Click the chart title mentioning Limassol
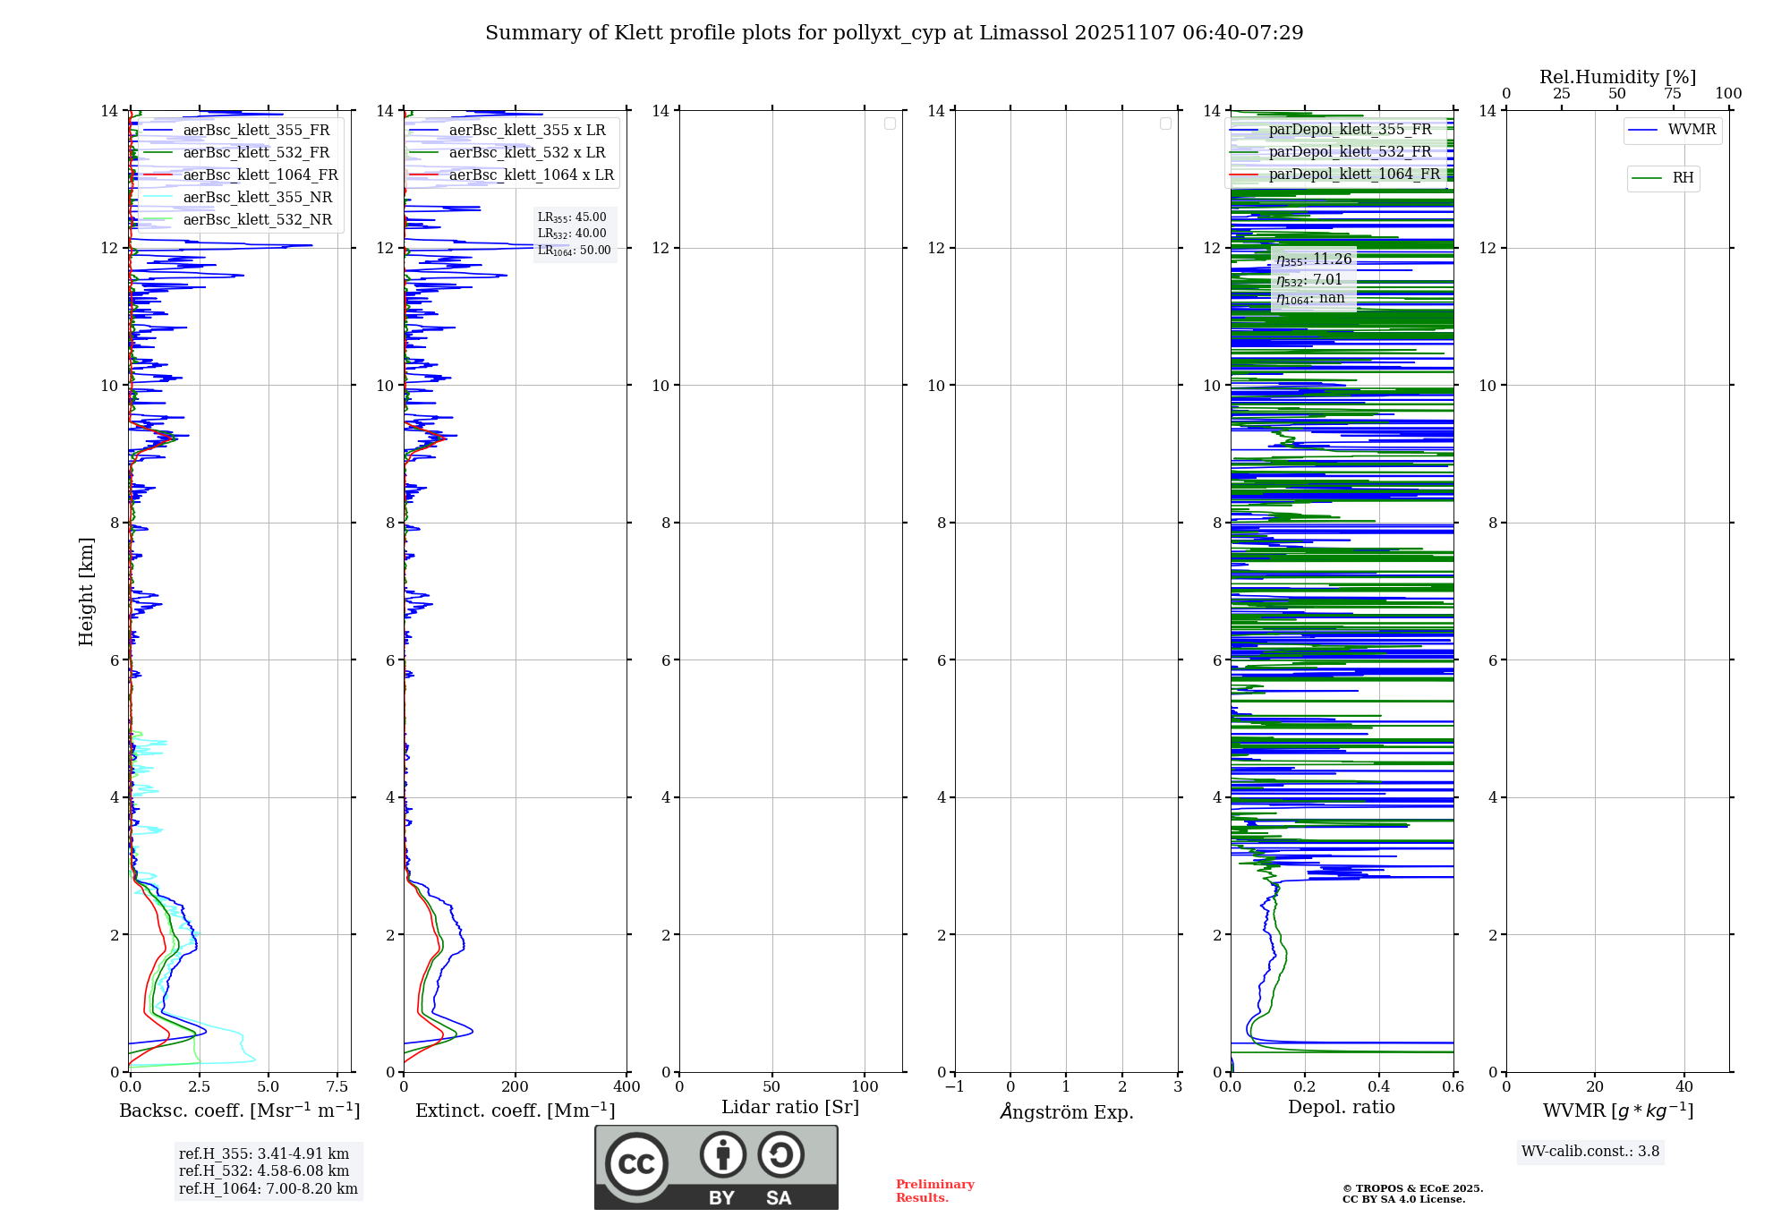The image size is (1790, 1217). [894, 33]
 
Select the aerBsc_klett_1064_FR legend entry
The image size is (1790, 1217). [260, 175]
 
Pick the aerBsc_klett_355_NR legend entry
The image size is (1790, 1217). [257, 198]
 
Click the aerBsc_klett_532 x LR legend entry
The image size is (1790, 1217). [526, 153]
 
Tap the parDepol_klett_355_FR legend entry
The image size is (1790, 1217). [1350, 130]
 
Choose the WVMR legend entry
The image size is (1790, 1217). [1692, 130]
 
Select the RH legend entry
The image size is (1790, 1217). [1683, 178]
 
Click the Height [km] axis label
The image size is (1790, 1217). [86, 591]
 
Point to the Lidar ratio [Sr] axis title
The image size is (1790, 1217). [790, 1108]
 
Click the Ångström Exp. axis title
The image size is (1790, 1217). [1067, 1112]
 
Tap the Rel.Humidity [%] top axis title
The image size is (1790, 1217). [1617, 77]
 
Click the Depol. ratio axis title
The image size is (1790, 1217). [1341, 1108]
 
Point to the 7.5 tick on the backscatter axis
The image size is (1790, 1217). [337, 1087]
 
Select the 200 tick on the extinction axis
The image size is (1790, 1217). [516, 1087]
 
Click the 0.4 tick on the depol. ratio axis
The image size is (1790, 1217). [1379, 1087]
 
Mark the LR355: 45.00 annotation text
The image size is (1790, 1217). [572, 217]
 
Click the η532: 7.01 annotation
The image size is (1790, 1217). [1309, 280]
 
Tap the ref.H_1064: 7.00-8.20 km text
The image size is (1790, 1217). [268, 1189]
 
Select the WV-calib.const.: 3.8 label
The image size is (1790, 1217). [1590, 1152]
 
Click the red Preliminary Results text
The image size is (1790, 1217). [934, 1191]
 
